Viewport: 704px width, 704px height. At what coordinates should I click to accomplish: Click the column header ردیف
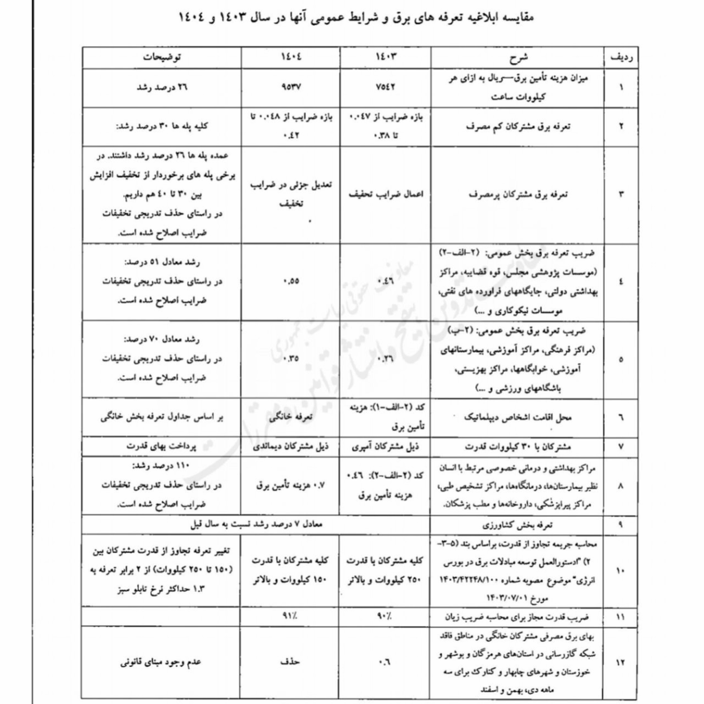pyautogui.click(x=621, y=57)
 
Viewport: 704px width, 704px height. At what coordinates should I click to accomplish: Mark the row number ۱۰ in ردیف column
pyautogui.click(x=621, y=571)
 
